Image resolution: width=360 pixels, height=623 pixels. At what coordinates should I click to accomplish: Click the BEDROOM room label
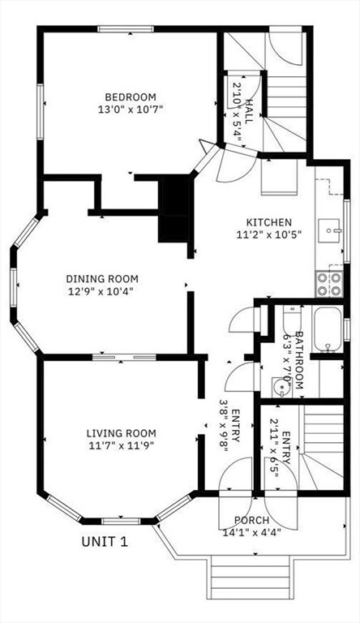pos(131,97)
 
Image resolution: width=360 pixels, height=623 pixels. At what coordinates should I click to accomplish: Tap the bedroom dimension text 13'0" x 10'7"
pos(131,110)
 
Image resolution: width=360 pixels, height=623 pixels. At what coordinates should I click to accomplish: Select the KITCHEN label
pos(269,222)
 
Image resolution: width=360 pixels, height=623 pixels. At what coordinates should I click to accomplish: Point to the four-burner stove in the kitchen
pos(329,284)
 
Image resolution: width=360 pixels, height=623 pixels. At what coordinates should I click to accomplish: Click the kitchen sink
pos(329,230)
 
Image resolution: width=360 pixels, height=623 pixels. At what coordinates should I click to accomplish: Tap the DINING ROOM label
pos(102,278)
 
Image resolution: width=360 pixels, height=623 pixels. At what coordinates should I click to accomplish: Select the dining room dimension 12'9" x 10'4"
pos(100,292)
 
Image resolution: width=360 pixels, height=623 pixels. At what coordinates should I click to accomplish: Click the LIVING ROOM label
pos(121,433)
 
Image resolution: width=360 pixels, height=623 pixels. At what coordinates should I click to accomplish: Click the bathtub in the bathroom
pos(328,329)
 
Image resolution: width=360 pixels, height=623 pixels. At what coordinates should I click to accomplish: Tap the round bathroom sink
pos(281,386)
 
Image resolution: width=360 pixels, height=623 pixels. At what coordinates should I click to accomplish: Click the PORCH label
pos(251,520)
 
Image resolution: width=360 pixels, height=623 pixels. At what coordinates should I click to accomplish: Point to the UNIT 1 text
pos(105,542)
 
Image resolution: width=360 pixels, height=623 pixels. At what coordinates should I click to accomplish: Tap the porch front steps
pos(251,577)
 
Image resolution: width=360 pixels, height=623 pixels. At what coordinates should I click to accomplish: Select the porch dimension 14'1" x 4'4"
pos(252,532)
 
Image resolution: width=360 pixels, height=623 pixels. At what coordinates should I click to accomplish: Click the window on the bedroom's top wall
pos(126,28)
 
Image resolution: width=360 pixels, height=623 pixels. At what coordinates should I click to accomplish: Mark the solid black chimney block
pos(175,209)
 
